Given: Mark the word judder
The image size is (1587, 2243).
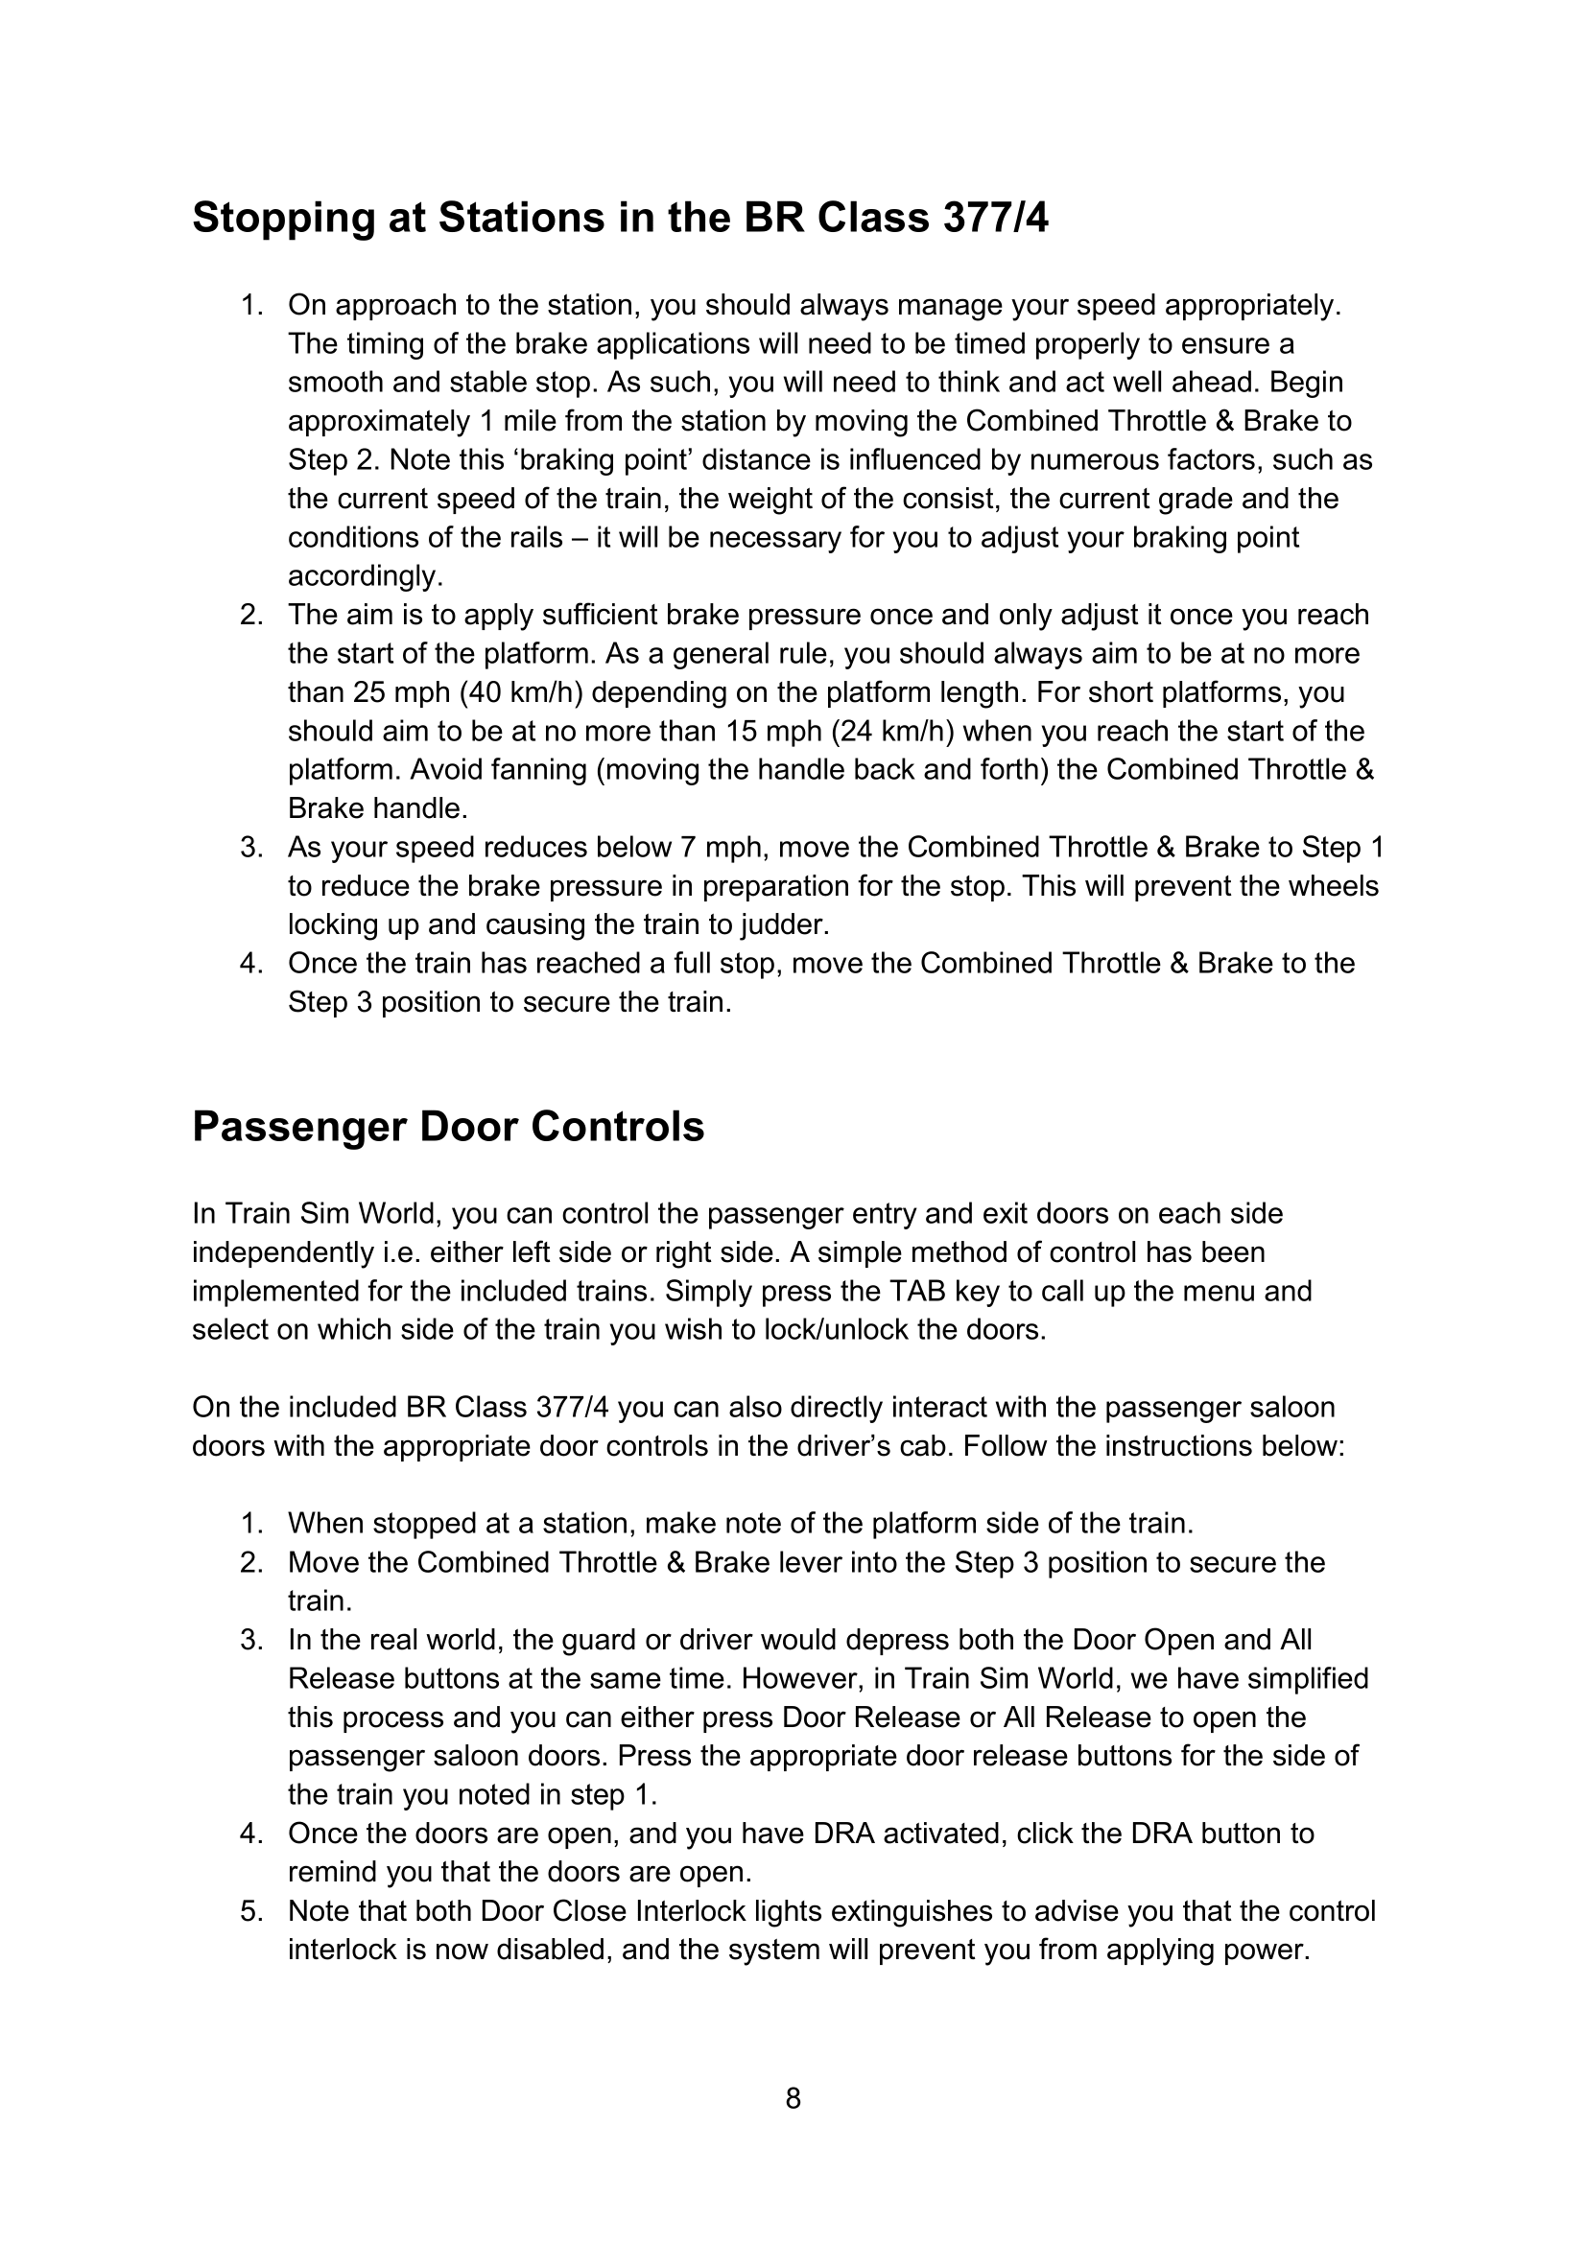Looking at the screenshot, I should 783,925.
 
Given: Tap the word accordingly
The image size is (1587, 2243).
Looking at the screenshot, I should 366,576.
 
